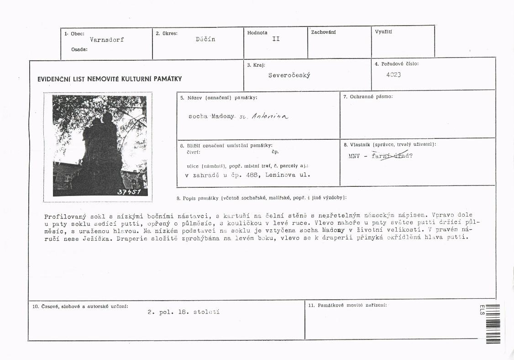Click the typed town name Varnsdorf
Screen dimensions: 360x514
click(107, 40)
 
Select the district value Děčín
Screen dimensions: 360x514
click(205, 39)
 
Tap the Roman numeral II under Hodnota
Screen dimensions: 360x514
click(276, 39)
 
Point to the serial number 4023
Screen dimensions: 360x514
click(393, 74)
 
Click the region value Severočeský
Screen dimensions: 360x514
click(289, 75)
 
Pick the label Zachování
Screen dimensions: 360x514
click(323, 32)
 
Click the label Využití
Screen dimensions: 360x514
click(383, 32)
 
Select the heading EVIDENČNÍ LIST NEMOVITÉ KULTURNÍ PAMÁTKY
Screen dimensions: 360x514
click(110, 79)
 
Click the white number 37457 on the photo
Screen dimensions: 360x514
click(129, 192)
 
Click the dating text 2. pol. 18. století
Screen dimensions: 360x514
click(184, 312)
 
